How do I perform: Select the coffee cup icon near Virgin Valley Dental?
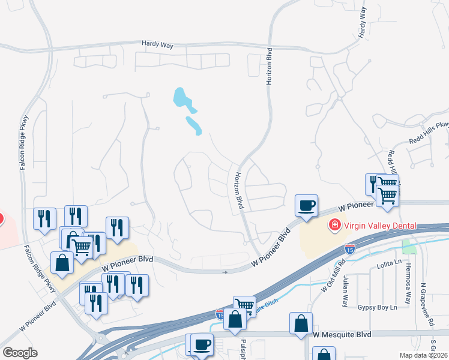pos(306,205)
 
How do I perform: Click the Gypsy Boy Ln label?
pos(378,307)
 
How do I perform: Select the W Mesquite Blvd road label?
pos(342,334)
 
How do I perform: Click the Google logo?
pos(20,353)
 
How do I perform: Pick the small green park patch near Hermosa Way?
pos(409,246)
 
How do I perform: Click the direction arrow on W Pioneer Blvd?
pos(226,272)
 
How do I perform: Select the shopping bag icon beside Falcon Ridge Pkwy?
pos(62,262)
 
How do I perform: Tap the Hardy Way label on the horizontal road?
pos(157,44)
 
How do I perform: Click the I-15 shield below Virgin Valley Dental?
pos(350,247)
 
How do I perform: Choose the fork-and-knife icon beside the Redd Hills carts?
pos(373,183)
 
